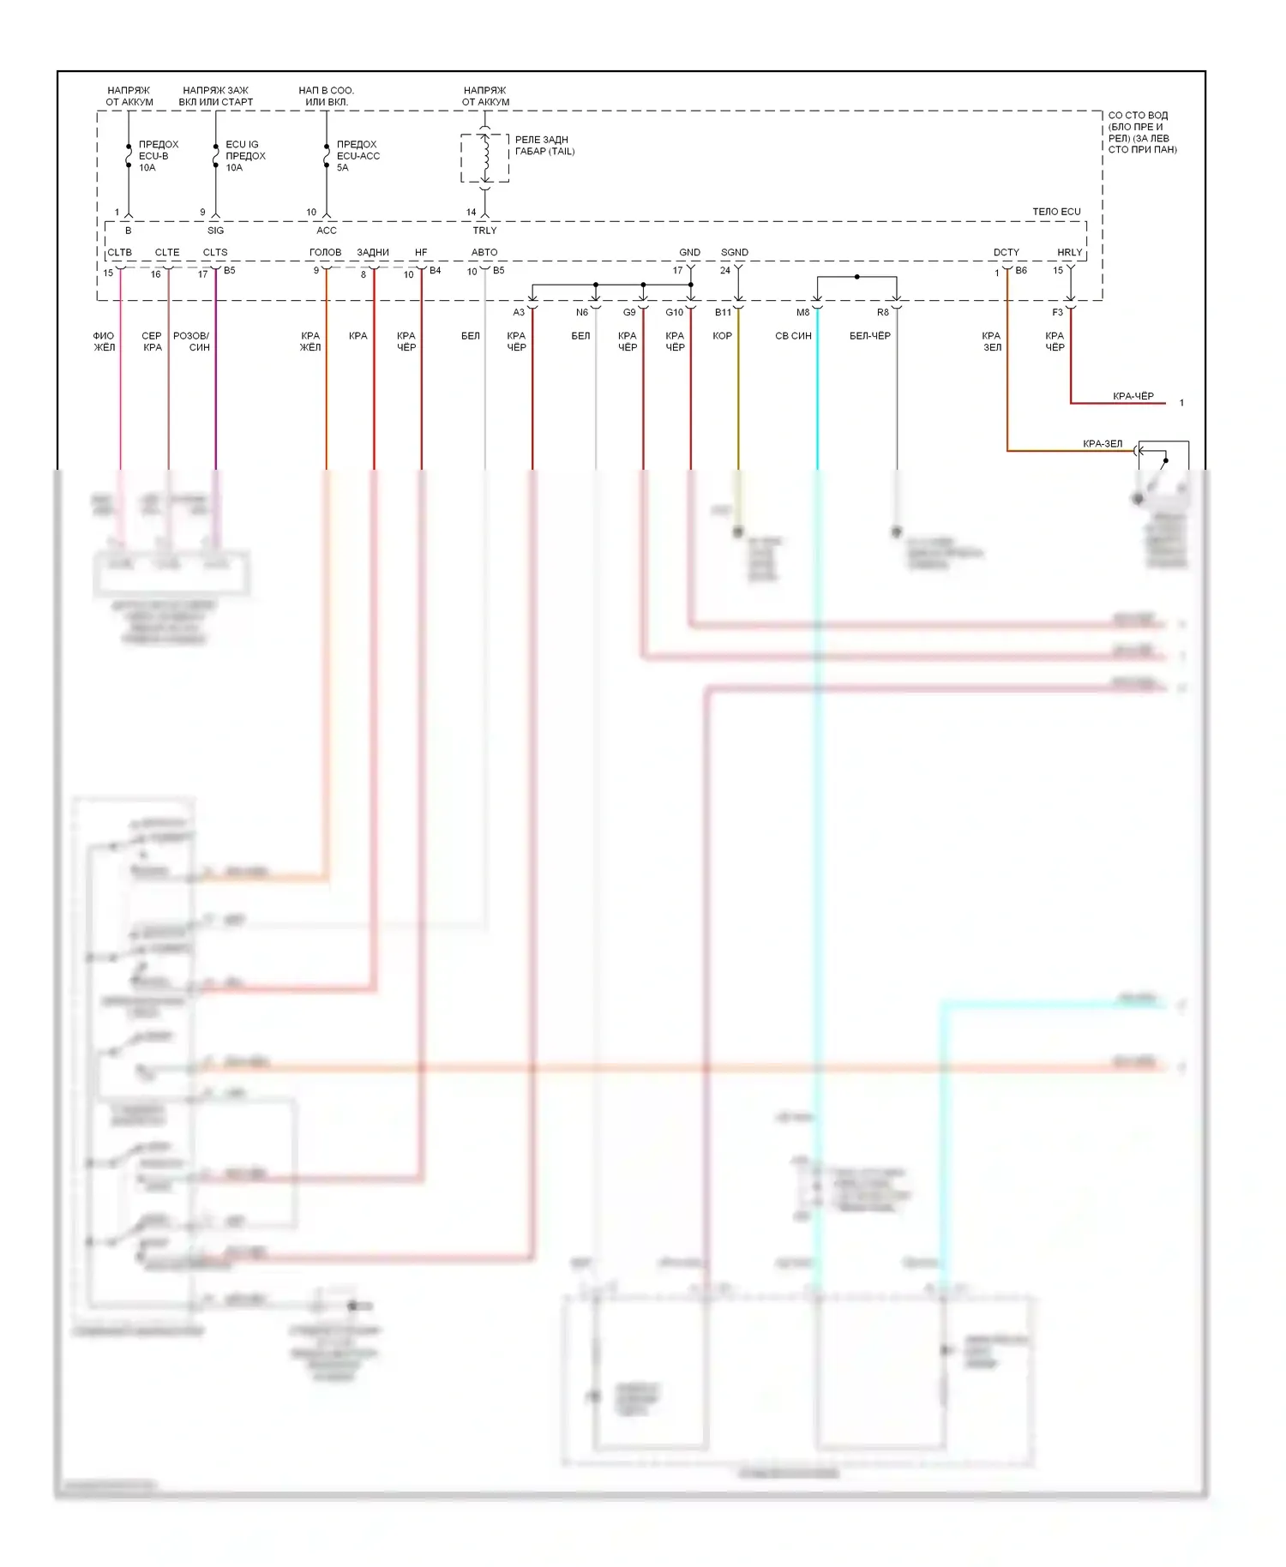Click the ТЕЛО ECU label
1055,212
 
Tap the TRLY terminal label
484,231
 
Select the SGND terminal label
735,252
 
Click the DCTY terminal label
1006,252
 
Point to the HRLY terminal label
1069,252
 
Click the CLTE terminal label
167,252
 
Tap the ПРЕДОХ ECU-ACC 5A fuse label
358,156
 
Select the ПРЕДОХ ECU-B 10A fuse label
159,156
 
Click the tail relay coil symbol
485,157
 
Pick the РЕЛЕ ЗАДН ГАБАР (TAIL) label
544,146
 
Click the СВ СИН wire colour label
793,336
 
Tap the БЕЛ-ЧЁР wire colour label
869,336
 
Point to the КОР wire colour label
722,336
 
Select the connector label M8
802,313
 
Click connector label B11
723,313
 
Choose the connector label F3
1057,313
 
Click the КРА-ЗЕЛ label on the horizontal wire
1102,444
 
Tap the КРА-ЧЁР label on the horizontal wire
1133,396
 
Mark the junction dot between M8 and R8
856,277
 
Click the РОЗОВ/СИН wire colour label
191,341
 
